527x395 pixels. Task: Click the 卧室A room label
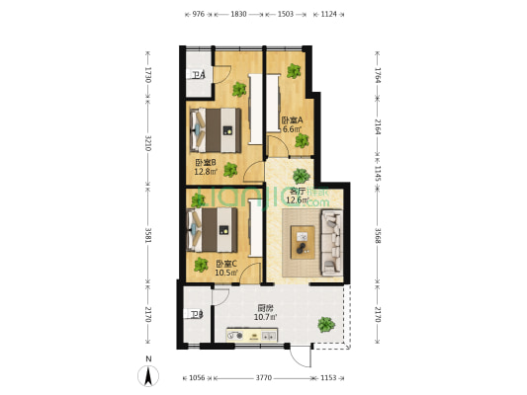(292, 120)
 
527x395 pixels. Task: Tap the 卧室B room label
(206, 163)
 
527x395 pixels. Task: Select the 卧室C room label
(227, 264)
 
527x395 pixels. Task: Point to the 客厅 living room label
(297, 192)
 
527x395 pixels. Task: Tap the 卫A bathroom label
(198, 76)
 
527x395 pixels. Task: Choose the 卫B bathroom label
(196, 315)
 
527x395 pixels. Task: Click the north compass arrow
(147, 374)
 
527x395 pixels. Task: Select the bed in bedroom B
(215, 125)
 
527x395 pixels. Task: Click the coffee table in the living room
(302, 240)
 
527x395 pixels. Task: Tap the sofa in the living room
(330, 241)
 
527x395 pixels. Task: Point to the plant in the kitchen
(325, 324)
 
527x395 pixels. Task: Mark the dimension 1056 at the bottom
(196, 378)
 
